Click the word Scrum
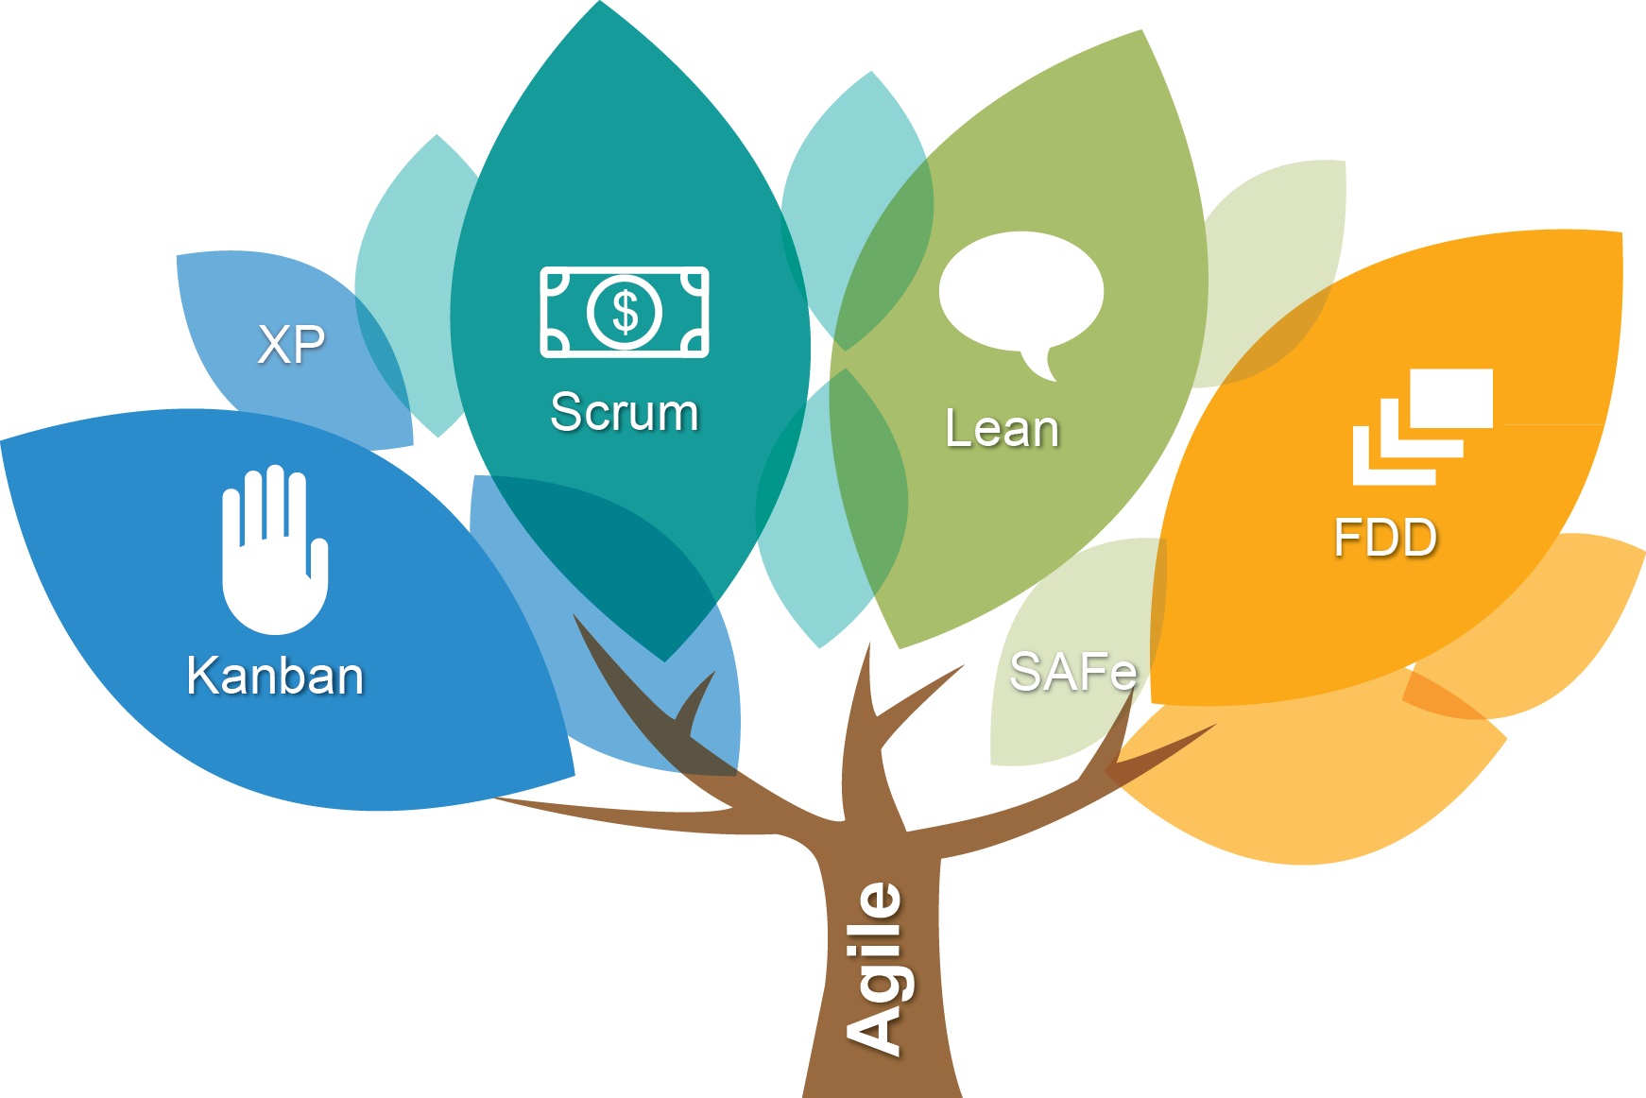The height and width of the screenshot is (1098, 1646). [625, 413]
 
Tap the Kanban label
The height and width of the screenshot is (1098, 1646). [275, 676]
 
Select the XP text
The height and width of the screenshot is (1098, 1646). [291, 344]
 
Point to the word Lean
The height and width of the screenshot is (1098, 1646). [1002, 428]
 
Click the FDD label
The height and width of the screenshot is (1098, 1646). [1385, 538]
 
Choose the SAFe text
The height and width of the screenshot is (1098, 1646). [1072, 672]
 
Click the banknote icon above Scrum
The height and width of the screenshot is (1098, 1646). [625, 312]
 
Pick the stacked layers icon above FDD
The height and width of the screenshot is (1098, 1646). [1422, 427]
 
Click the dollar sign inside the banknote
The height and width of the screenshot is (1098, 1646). [625, 311]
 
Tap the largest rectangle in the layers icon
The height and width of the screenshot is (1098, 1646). [1451, 398]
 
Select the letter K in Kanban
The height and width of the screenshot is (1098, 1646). [203, 676]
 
